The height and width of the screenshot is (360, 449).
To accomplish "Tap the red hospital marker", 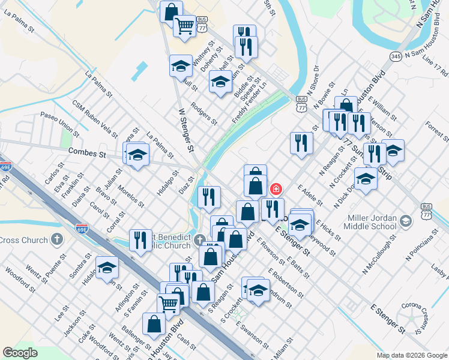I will pos(276,190).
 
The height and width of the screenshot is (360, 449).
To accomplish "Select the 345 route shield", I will pos(395,56).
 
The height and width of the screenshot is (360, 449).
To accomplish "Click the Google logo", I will pos(20,353).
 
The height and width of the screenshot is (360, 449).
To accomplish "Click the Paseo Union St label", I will pos(59,122).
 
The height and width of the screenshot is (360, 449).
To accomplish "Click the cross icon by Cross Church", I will pos(56,240).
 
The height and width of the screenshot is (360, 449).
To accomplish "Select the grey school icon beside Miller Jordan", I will pos(407,221).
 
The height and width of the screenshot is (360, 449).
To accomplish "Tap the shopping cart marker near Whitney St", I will pos(184,25).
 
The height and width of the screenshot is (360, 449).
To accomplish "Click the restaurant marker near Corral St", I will pos(140,241).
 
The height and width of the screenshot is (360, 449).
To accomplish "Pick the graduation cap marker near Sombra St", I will pos(107,267).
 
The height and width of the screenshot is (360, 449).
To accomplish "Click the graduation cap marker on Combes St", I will pos(137,156).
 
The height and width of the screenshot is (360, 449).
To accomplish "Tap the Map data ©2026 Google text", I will pos(411,355).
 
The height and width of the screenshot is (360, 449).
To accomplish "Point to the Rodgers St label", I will pos(203,113).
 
